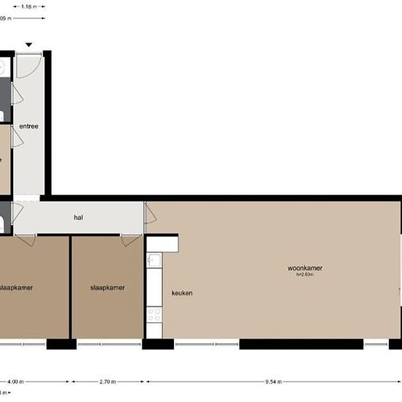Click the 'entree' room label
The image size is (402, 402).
pyautogui.click(x=29, y=126)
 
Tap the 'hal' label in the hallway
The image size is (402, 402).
pyautogui.click(x=78, y=218)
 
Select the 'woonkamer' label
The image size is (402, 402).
pyautogui.click(x=305, y=268)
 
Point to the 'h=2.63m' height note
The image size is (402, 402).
pyautogui.click(x=305, y=275)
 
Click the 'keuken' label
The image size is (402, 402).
pyautogui.click(x=182, y=293)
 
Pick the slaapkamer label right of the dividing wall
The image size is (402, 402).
pyautogui.click(x=107, y=287)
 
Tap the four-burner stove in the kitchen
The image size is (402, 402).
pyautogui.click(x=154, y=315)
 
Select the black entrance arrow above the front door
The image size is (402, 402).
pyautogui.click(x=29, y=45)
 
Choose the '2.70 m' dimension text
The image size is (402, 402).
pyautogui.click(x=107, y=382)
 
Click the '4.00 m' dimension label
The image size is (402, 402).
pyautogui.click(x=15, y=382)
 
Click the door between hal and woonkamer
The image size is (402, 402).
pyautogui.click(x=150, y=213)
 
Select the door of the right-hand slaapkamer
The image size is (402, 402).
pyautogui.click(x=131, y=240)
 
